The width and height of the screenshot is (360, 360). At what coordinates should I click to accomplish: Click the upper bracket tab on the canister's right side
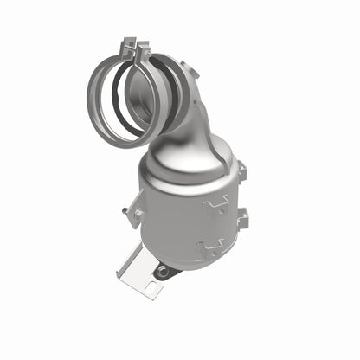tap(241, 173)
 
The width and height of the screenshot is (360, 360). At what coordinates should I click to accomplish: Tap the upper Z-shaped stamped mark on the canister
tap(215, 203)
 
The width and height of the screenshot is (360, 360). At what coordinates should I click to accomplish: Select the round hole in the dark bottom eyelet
tap(163, 272)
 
